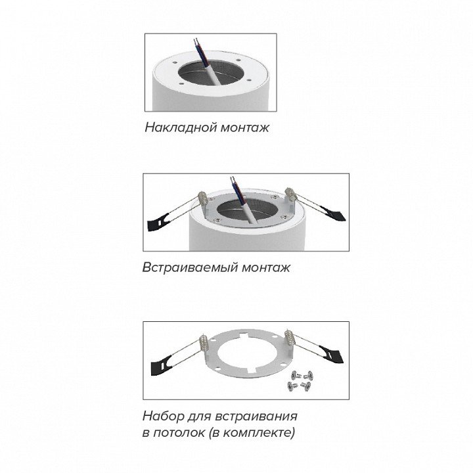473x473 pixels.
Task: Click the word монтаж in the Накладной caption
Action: tap(244, 128)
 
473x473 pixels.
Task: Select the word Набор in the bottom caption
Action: tap(163, 417)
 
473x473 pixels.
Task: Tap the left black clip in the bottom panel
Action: tap(162, 364)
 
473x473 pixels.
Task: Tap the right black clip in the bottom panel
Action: tap(332, 355)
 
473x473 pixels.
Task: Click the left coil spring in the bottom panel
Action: tap(204, 344)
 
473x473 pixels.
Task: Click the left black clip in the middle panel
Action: tap(159, 222)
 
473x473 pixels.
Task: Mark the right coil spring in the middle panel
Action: tap(290, 195)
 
